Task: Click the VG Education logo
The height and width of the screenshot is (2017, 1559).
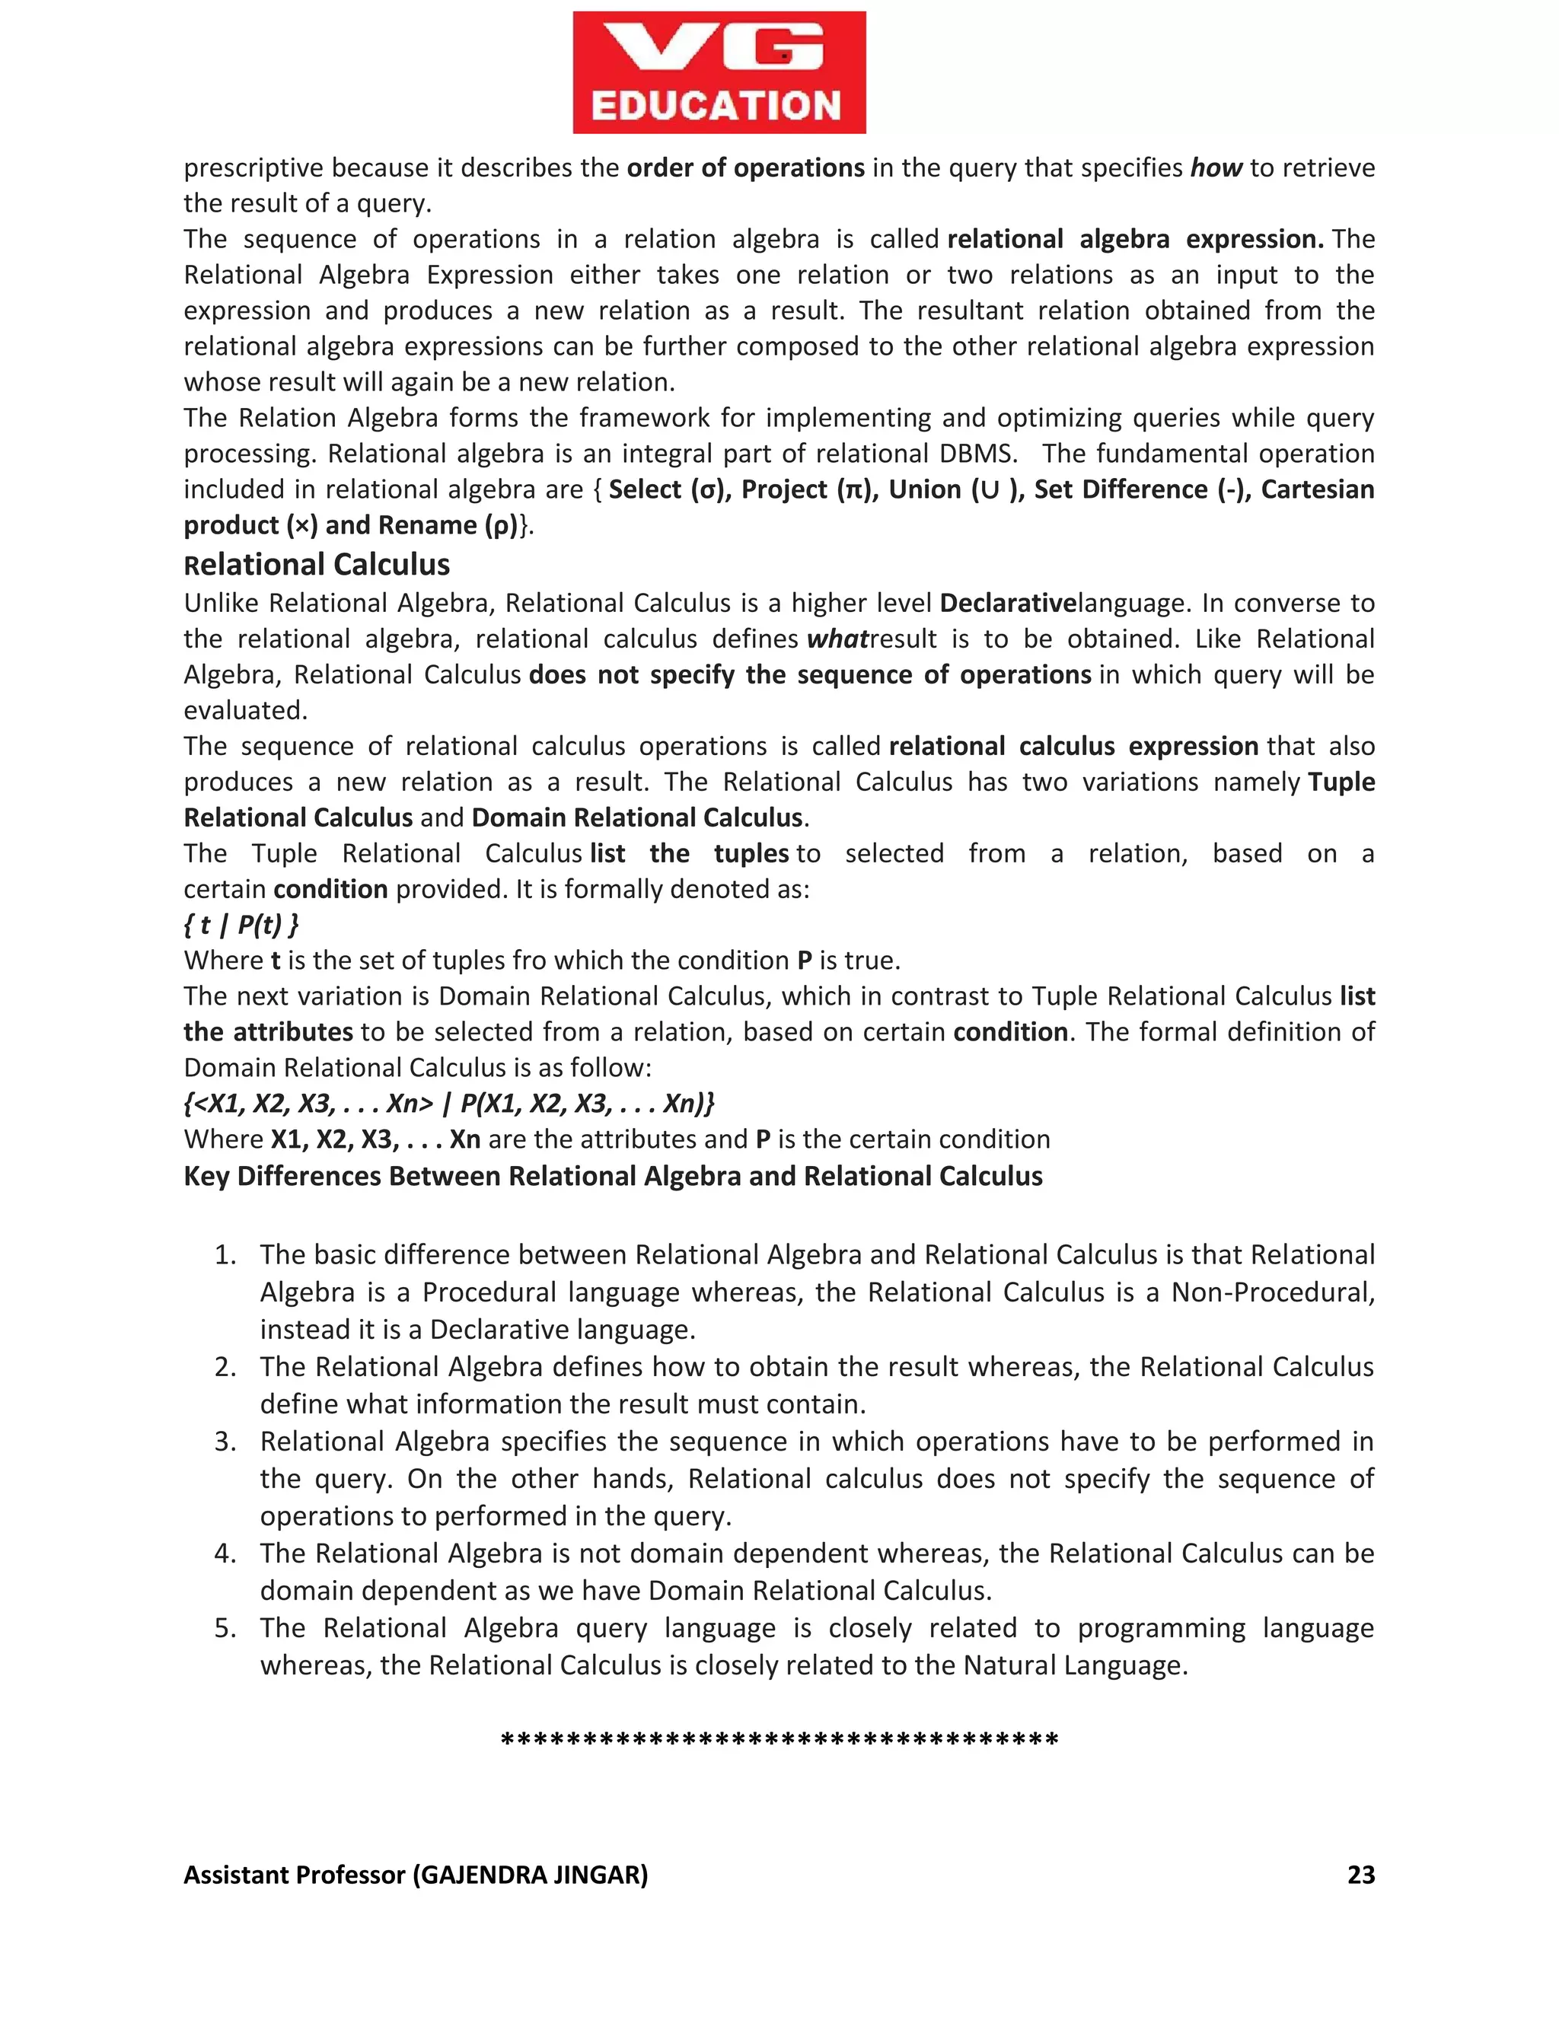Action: point(719,73)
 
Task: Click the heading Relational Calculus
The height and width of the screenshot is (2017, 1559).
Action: point(317,564)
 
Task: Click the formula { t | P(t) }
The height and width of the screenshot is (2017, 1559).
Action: point(241,925)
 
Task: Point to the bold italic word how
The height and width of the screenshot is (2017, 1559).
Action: point(1216,168)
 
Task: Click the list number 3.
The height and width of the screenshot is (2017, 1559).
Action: point(225,1442)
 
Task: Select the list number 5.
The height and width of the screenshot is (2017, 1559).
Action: point(225,1628)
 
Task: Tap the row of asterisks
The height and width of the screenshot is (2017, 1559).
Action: point(779,1740)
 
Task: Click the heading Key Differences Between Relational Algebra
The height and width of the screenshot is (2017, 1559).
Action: point(612,1176)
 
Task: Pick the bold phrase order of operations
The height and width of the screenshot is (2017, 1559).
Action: point(745,168)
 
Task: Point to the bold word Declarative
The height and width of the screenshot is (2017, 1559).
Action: point(1008,603)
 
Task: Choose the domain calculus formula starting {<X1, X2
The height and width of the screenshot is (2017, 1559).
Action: point(449,1104)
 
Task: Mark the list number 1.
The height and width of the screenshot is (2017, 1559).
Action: point(225,1255)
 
